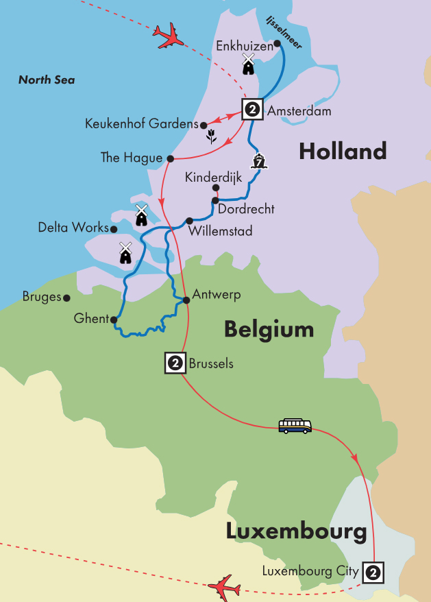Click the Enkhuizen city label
click(x=243, y=46)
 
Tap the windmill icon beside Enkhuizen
click(x=248, y=65)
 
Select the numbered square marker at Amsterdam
click(x=251, y=109)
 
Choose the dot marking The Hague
click(x=169, y=158)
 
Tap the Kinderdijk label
click(x=212, y=178)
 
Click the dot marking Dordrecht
click(x=214, y=201)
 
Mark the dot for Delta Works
click(x=114, y=230)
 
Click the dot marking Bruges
click(x=66, y=298)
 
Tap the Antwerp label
click(x=218, y=295)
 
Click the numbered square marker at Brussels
click(x=175, y=363)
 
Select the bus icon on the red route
click(x=295, y=426)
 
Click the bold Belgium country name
click(x=269, y=330)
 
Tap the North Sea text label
click(x=47, y=80)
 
